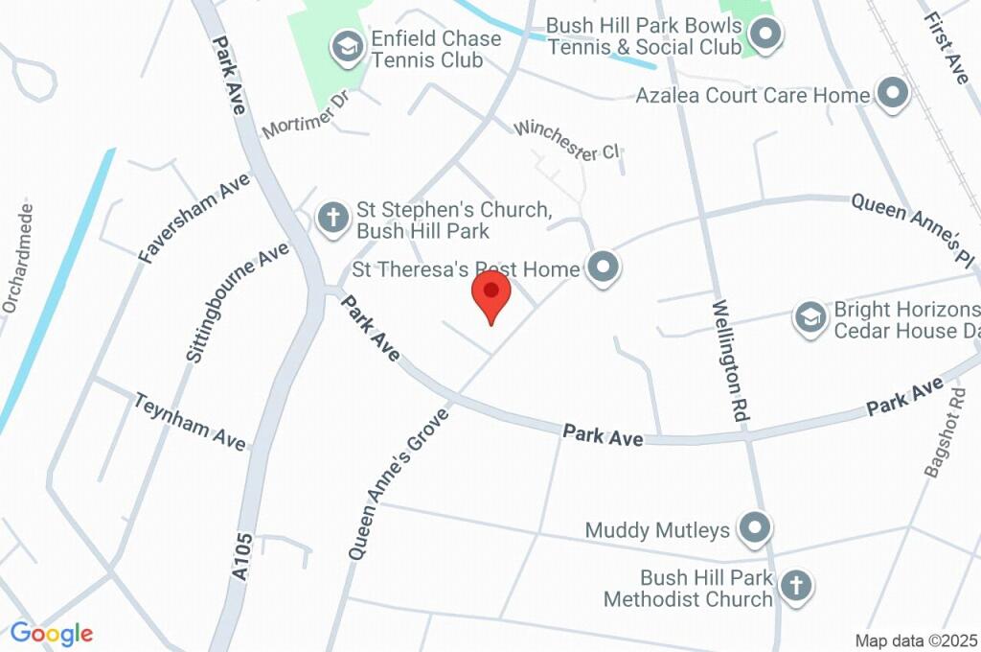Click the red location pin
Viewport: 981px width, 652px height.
point(492,293)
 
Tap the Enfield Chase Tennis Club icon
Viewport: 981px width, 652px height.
point(346,45)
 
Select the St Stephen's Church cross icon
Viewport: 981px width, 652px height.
point(333,218)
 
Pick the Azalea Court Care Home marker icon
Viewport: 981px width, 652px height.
point(893,94)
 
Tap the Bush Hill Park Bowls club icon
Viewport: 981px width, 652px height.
point(764,36)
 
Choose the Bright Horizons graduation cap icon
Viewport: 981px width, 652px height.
point(810,317)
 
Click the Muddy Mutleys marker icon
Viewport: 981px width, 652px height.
point(756,527)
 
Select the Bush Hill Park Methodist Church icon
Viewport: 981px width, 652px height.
point(795,584)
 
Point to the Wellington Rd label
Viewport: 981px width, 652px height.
point(729,361)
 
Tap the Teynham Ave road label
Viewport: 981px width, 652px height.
point(191,421)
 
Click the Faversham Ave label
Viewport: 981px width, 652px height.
point(194,218)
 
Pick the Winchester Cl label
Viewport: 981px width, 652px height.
point(568,141)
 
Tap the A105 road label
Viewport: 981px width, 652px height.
point(242,556)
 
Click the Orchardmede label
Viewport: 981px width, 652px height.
point(18,257)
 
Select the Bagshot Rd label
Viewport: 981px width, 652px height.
point(944,432)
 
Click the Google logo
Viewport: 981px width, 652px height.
point(52,633)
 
